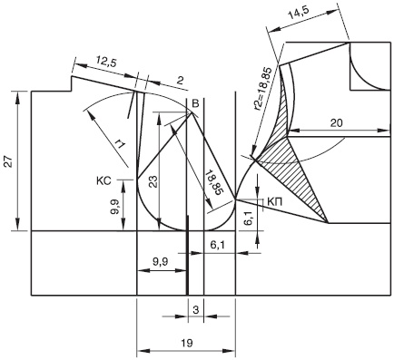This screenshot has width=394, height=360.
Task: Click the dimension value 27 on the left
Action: coord(9,161)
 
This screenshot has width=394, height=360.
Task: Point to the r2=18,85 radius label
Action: coord(263,89)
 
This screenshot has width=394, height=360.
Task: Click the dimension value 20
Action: coord(337,122)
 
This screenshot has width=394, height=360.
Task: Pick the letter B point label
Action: coord(196,104)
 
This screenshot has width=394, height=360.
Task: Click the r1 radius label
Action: coord(120,144)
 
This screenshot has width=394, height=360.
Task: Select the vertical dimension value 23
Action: coord(153,182)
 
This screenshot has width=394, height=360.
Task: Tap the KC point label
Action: coord(103,180)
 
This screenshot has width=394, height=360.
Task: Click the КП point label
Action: coord(275,202)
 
